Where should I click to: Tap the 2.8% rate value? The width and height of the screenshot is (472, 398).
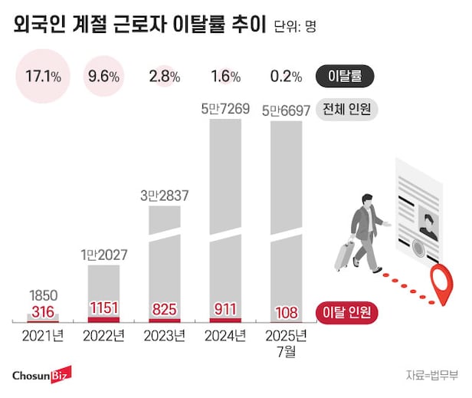165,76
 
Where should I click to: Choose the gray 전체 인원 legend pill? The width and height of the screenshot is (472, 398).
347,110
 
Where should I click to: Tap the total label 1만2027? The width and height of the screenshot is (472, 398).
103,254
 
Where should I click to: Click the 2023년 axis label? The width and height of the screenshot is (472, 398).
164,335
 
